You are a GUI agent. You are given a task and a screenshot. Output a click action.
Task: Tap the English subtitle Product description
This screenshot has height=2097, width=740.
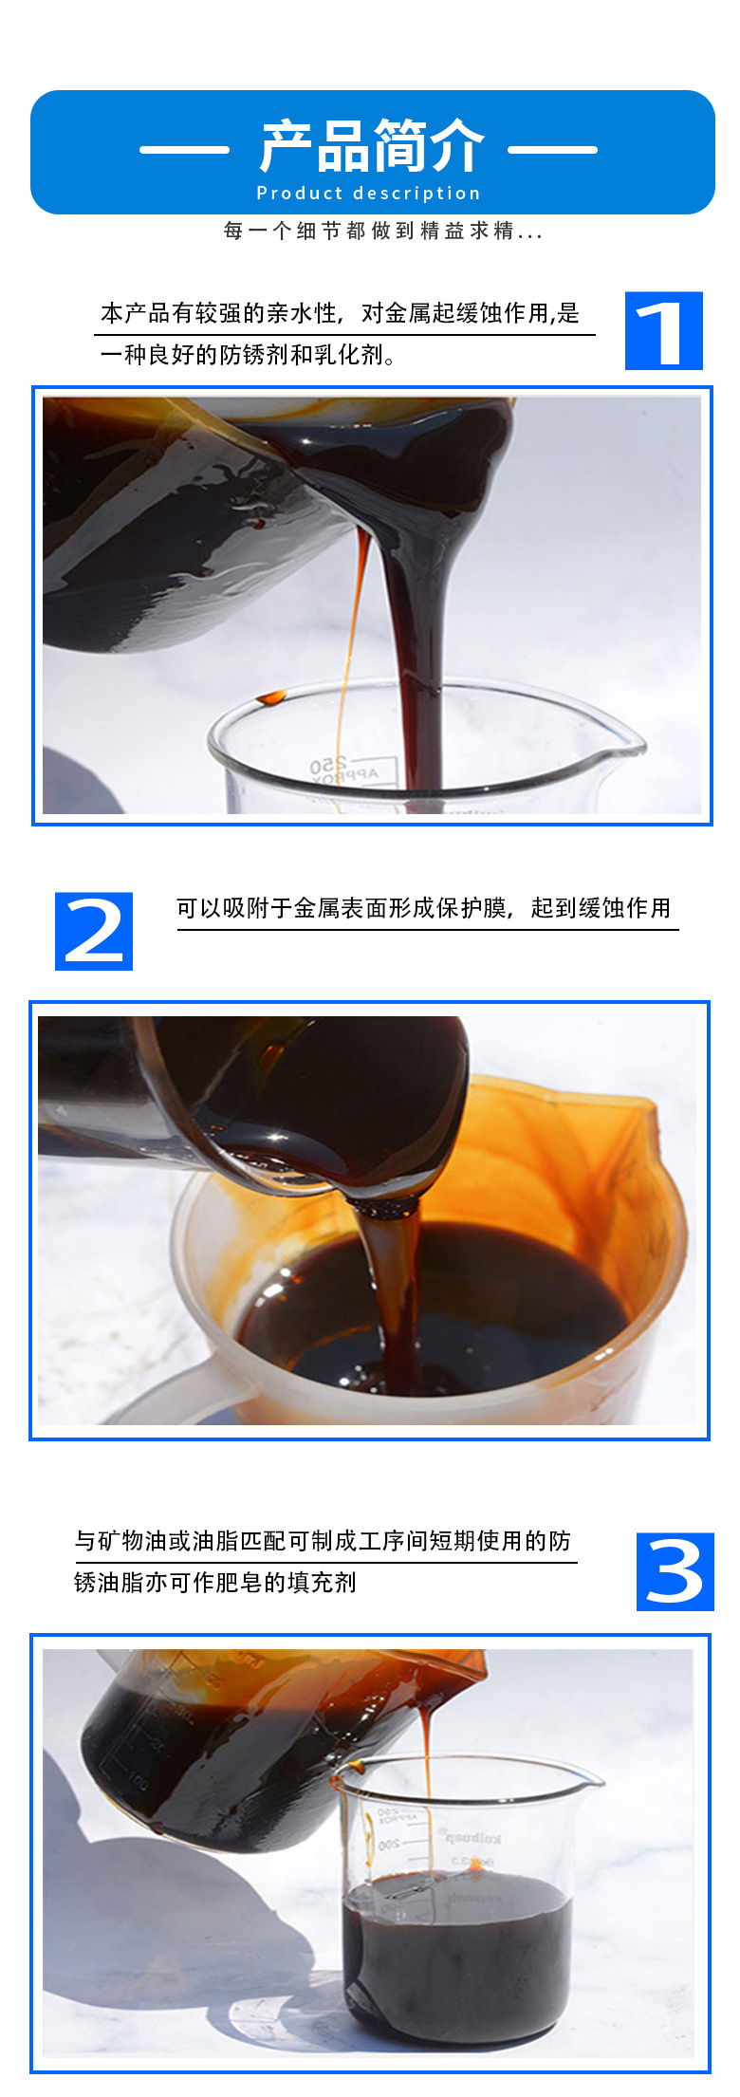(369, 194)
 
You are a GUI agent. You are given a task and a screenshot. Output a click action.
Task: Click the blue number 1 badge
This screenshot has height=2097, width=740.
(663, 331)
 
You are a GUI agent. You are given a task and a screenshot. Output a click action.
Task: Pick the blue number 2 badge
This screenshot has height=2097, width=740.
(94, 931)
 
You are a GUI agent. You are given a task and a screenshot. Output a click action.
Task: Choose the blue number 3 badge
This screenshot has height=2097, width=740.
(675, 1571)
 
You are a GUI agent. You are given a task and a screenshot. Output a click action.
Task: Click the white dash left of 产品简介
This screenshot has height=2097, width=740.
(184, 149)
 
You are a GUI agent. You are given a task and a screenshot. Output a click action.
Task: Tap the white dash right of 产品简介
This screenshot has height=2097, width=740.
(552, 149)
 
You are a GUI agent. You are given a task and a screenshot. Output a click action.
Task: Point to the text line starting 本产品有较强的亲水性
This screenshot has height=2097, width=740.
(340, 313)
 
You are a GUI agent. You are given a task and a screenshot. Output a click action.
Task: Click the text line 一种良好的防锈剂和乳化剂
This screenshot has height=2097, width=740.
(249, 355)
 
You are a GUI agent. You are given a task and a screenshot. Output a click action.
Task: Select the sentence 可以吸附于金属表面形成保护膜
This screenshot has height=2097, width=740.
(423, 908)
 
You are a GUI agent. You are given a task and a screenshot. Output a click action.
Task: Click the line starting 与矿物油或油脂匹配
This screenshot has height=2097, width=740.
(323, 1541)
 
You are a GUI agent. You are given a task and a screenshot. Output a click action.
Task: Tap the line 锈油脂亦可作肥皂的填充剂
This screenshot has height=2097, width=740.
(215, 1582)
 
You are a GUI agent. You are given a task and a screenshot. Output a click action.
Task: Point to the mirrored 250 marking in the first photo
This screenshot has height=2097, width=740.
(328, 765)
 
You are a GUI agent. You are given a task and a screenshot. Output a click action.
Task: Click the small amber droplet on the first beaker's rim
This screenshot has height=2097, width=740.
(271, 697)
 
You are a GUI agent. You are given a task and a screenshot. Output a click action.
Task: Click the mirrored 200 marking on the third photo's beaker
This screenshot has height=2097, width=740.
(388, 1846)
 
